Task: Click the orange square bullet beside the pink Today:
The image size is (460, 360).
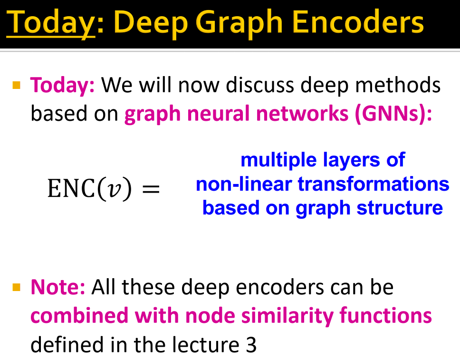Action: pyautogui.click(x=17, y=86)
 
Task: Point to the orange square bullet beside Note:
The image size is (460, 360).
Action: pyautogui.click(x=17, y=287)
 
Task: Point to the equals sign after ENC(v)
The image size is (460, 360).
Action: pyautogui.click(x=151, y=189)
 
